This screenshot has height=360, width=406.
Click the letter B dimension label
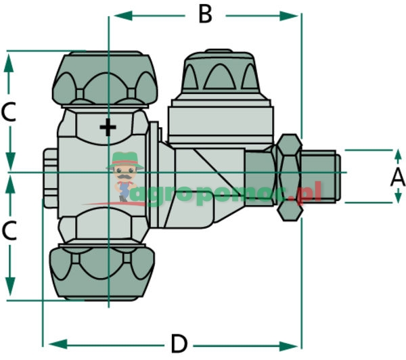pos(204,14)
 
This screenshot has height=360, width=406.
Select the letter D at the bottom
pos(178,343)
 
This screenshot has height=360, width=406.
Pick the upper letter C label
pos(9,112)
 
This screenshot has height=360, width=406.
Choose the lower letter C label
pos(9,232)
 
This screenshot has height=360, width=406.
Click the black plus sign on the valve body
pos(108,127)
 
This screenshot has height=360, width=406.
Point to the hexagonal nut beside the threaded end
pos(290,176)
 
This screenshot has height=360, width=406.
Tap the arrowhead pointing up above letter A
pos(398,155)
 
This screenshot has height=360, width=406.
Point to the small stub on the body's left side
pos(49,179)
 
